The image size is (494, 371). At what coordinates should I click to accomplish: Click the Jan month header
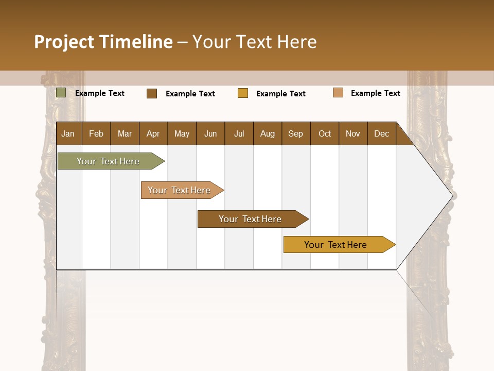(68, 133)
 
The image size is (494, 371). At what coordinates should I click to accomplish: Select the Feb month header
(96, 133)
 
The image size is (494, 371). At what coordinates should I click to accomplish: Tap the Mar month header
(125, 133)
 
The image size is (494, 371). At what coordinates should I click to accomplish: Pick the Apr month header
(153, 133)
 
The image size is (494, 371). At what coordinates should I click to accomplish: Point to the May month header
(182, 133)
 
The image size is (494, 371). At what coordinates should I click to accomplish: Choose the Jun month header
(210, 133)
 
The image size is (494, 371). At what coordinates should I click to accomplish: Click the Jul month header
(239, 133)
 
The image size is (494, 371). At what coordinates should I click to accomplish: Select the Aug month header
(268, 133)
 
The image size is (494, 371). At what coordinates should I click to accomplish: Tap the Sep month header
(296, 133)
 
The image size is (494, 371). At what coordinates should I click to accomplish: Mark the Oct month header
(325, 133)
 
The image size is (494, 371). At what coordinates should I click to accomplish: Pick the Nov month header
(353, 133)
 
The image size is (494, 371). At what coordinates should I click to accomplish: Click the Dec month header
(382, 133)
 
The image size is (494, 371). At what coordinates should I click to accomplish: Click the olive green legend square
(61, 93)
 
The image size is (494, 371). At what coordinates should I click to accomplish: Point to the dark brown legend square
(152, 93)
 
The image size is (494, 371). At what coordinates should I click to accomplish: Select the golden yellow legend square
(243, 93)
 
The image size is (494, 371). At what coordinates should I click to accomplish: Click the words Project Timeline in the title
(103, 42)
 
